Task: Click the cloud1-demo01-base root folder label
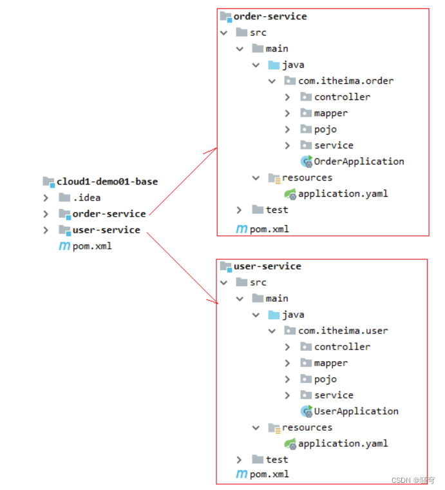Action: pyautogui.click(x=107, y=181)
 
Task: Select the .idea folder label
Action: pyautogui.click(x=86, y=197)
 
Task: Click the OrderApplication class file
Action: pyautogui.click(x=359, y=161)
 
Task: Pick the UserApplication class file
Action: pyautogui.click(x=356, y=411)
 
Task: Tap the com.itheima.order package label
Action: pyautogui.click(x=346, y=81)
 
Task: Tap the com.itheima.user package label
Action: pyautogui.click(x=343, y=330)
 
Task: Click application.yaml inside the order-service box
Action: pyautogui.click(x=343, y=193)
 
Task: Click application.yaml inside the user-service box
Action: pyautogui.click(x=343, y=443)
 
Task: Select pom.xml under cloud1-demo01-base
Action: pyautogui.click(x=92, y=246)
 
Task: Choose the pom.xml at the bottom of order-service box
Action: pyautogui.click(x=269, y=228)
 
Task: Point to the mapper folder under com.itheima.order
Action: pyautogui.click(x=331, y=113)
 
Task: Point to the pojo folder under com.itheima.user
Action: pyautogui.click(x=325, y=378)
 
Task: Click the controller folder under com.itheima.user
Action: pyautogui.click(x=342, y=346)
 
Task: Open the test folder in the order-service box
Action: pyautogui.click(x=277, y=210)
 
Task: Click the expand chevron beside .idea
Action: pyautogui.click(x=46, y=197)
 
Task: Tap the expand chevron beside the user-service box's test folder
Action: pyautogui.click(x=240, y=459)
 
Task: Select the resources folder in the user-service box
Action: pyautogui.click(x=307, y=427)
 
